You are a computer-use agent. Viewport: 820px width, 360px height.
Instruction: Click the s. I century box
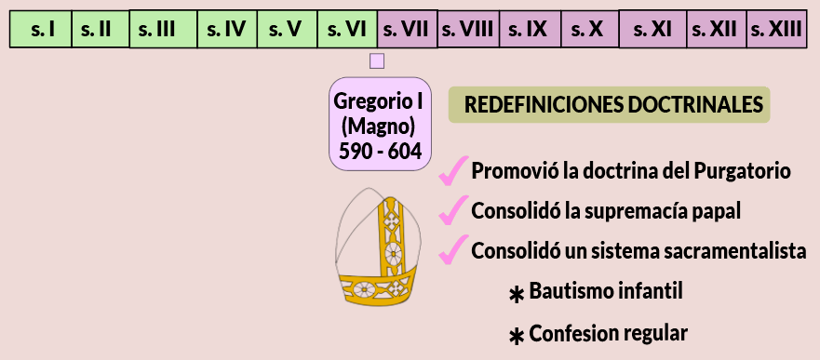tap(41, 29)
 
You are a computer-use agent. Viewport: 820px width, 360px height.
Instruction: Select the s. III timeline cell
tap(163, 29)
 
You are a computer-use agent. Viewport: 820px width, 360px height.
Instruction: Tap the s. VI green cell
tap(347, 29)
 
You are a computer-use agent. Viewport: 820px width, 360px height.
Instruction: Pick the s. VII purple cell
tap(408, 29)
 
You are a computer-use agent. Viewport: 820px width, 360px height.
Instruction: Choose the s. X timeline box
tap(590, 29)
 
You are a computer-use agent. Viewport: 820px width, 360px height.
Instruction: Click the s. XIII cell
tap(776, 29)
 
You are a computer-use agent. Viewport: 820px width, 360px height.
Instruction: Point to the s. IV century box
tap(227, 29)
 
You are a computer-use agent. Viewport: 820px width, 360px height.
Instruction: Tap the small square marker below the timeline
tap(377, 61)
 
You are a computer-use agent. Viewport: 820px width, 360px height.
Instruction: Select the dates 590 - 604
tap(380, 152)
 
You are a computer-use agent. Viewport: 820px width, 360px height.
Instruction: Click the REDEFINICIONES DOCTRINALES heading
tap(610, 105)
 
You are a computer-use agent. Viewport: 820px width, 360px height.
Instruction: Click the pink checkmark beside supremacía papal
tap(453, 210)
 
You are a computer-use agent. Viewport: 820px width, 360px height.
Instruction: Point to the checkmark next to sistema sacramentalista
tap(453, 249)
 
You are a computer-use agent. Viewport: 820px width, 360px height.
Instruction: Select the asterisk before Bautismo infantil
tap(517, 295)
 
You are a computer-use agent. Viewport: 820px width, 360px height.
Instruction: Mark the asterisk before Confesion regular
tap(517, 337)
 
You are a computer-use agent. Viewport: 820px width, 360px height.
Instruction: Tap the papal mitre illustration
tap(378, 246)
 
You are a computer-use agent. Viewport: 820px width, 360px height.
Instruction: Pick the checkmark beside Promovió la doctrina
tap(453, 171)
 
